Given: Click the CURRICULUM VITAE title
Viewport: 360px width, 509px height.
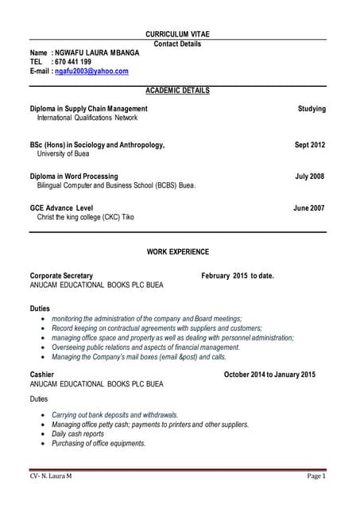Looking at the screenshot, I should coord(178,34).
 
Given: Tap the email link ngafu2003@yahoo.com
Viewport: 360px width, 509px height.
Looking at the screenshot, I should coord(91,72).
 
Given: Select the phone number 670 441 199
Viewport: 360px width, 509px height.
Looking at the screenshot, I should coord(73,62).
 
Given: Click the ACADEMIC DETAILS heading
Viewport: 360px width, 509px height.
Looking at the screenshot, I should coord(178,91).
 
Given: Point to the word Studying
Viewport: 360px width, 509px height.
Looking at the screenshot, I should coord(312,108).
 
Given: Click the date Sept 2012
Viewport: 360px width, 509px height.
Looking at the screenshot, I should coord(310,145).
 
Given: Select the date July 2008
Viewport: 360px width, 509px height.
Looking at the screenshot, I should coord(310,176).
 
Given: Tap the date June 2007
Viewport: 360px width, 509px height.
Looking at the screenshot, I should coord(310,208).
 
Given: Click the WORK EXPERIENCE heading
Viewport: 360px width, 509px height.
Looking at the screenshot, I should coord(178,252).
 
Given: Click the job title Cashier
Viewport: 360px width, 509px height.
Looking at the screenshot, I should coord(42,374).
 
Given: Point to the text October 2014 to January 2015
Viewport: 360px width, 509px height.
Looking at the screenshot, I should coord(269,374).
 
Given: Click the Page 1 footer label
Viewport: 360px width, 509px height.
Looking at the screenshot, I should coord(316,476).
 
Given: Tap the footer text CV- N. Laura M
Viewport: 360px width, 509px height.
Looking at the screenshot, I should coord(51,476).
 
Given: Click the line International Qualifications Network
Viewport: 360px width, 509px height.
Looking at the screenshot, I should coord(87,118).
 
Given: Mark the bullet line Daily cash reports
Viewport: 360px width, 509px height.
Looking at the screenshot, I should coord(78,434).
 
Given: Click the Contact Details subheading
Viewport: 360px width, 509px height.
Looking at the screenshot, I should coord(178,44).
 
